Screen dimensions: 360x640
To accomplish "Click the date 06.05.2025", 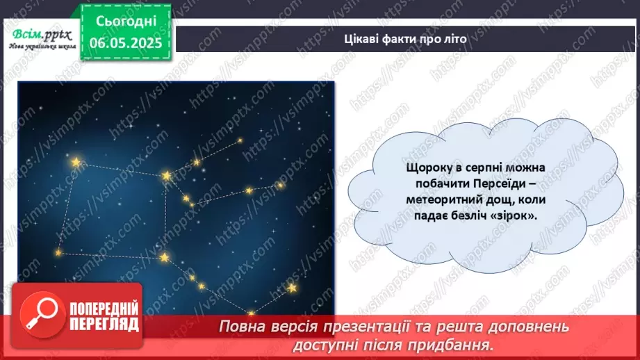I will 126,42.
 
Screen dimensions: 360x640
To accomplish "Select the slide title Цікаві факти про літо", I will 407,39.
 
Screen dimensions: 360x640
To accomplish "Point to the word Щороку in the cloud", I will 429,168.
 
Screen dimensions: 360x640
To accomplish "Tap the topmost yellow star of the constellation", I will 240,140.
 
